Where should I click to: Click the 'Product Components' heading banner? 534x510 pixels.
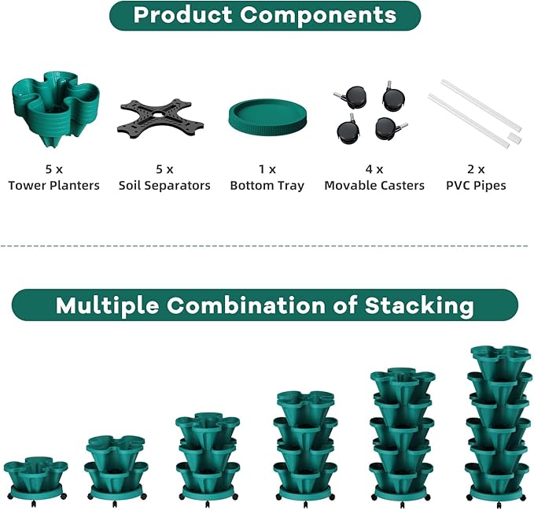click(265, 15)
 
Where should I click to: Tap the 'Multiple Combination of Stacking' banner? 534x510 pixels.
click(265, 305)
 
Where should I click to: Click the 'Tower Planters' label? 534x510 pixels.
click(54, 186)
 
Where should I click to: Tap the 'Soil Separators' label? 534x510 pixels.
click(164, 186)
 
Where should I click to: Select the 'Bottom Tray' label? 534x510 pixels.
click(267, 186)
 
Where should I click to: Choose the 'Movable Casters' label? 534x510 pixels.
click(374, 186)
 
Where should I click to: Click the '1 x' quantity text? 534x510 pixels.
click(267, 168)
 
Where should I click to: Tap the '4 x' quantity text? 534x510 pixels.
click(374, 168)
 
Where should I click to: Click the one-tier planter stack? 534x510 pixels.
click(36, 475)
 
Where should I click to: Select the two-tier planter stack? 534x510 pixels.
click(116, 465)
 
